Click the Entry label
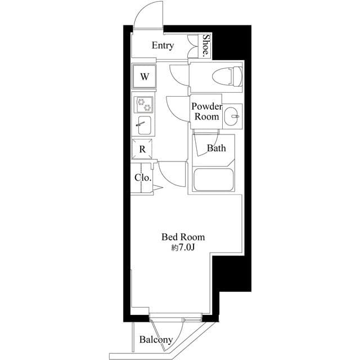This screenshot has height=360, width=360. (x=163, y=46)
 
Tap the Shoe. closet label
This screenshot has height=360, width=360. (x=206, y=46)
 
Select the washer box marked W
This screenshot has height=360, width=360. (x=145, y=76)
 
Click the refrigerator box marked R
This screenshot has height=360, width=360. (x=143, y=149)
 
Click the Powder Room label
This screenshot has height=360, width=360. (x=206, y=111)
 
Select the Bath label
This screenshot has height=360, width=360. (x=216, y=148)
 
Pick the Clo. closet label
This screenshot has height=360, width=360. (x=142, y=178)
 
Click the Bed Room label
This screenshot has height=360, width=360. (x=183, y=237)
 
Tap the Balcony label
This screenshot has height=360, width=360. (x=156, y=340)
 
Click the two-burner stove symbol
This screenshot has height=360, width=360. (x=143, y=104)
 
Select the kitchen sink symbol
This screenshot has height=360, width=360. (x=143, y=125)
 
